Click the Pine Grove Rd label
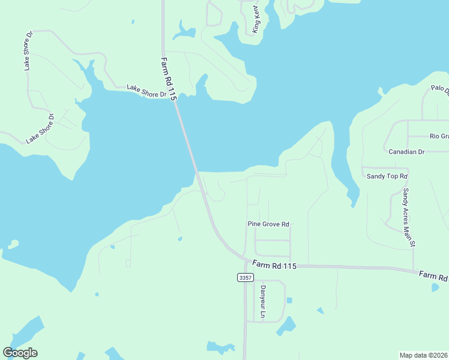click(268, 224)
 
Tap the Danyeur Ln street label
click(262, 301)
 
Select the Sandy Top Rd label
click(387, 176)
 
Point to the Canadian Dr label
click(406, 152)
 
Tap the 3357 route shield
click(245, 277)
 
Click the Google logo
click(20, 353)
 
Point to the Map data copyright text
click(424, 355)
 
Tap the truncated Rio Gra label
click(439, 136)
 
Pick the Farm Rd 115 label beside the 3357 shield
click(274, 265)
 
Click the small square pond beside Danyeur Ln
click(289, 300)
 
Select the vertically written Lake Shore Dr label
click(28, 50)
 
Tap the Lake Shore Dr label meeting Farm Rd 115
click(146, 91)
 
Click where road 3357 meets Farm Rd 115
click(246, 262)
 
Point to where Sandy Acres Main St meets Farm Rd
click(413, 269)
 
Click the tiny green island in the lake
click(12, 244)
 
